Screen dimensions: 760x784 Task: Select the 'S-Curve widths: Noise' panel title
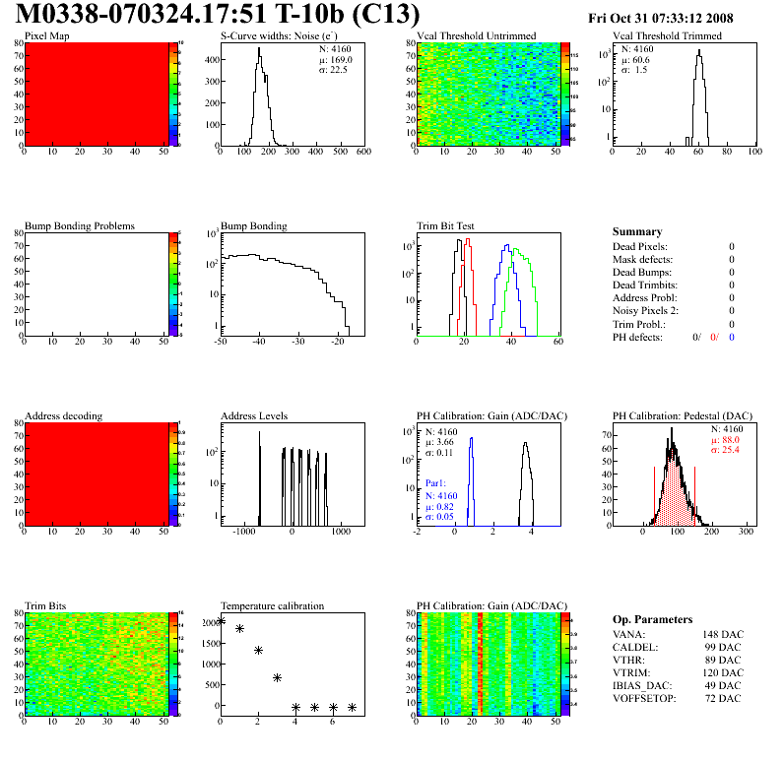click(282, 36)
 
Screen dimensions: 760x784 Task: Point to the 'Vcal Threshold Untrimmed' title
click(477, 36)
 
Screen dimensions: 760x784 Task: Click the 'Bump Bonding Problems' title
click(80, 226)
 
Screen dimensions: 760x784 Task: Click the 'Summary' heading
click(637, 231)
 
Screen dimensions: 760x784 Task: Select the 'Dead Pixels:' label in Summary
click(639, 247)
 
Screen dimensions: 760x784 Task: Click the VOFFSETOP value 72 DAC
click(728, 699)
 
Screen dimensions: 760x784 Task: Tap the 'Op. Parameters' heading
click(652, 620)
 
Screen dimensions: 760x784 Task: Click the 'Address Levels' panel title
click(254, 416)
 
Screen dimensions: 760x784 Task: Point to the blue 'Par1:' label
click(437, 484)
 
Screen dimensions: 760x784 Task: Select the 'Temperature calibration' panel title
click(272, 606)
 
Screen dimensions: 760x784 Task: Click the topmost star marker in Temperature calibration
click(221, 621)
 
